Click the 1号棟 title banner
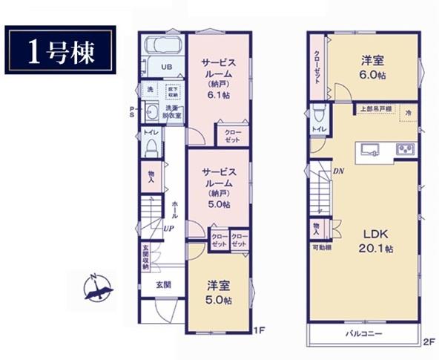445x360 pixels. pos(62,50)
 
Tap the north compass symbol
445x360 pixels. pos(98,288)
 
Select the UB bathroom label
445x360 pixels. pos(168,67)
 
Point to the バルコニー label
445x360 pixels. pos(363,334)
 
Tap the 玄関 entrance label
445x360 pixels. pos(163,285)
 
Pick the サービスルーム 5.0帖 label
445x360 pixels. pos(220,186)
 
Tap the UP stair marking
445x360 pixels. pos(169,229)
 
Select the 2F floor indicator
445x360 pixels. pos(429,342)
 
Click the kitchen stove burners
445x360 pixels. pos(405,148)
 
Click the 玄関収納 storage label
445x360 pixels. pos(146,257)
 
